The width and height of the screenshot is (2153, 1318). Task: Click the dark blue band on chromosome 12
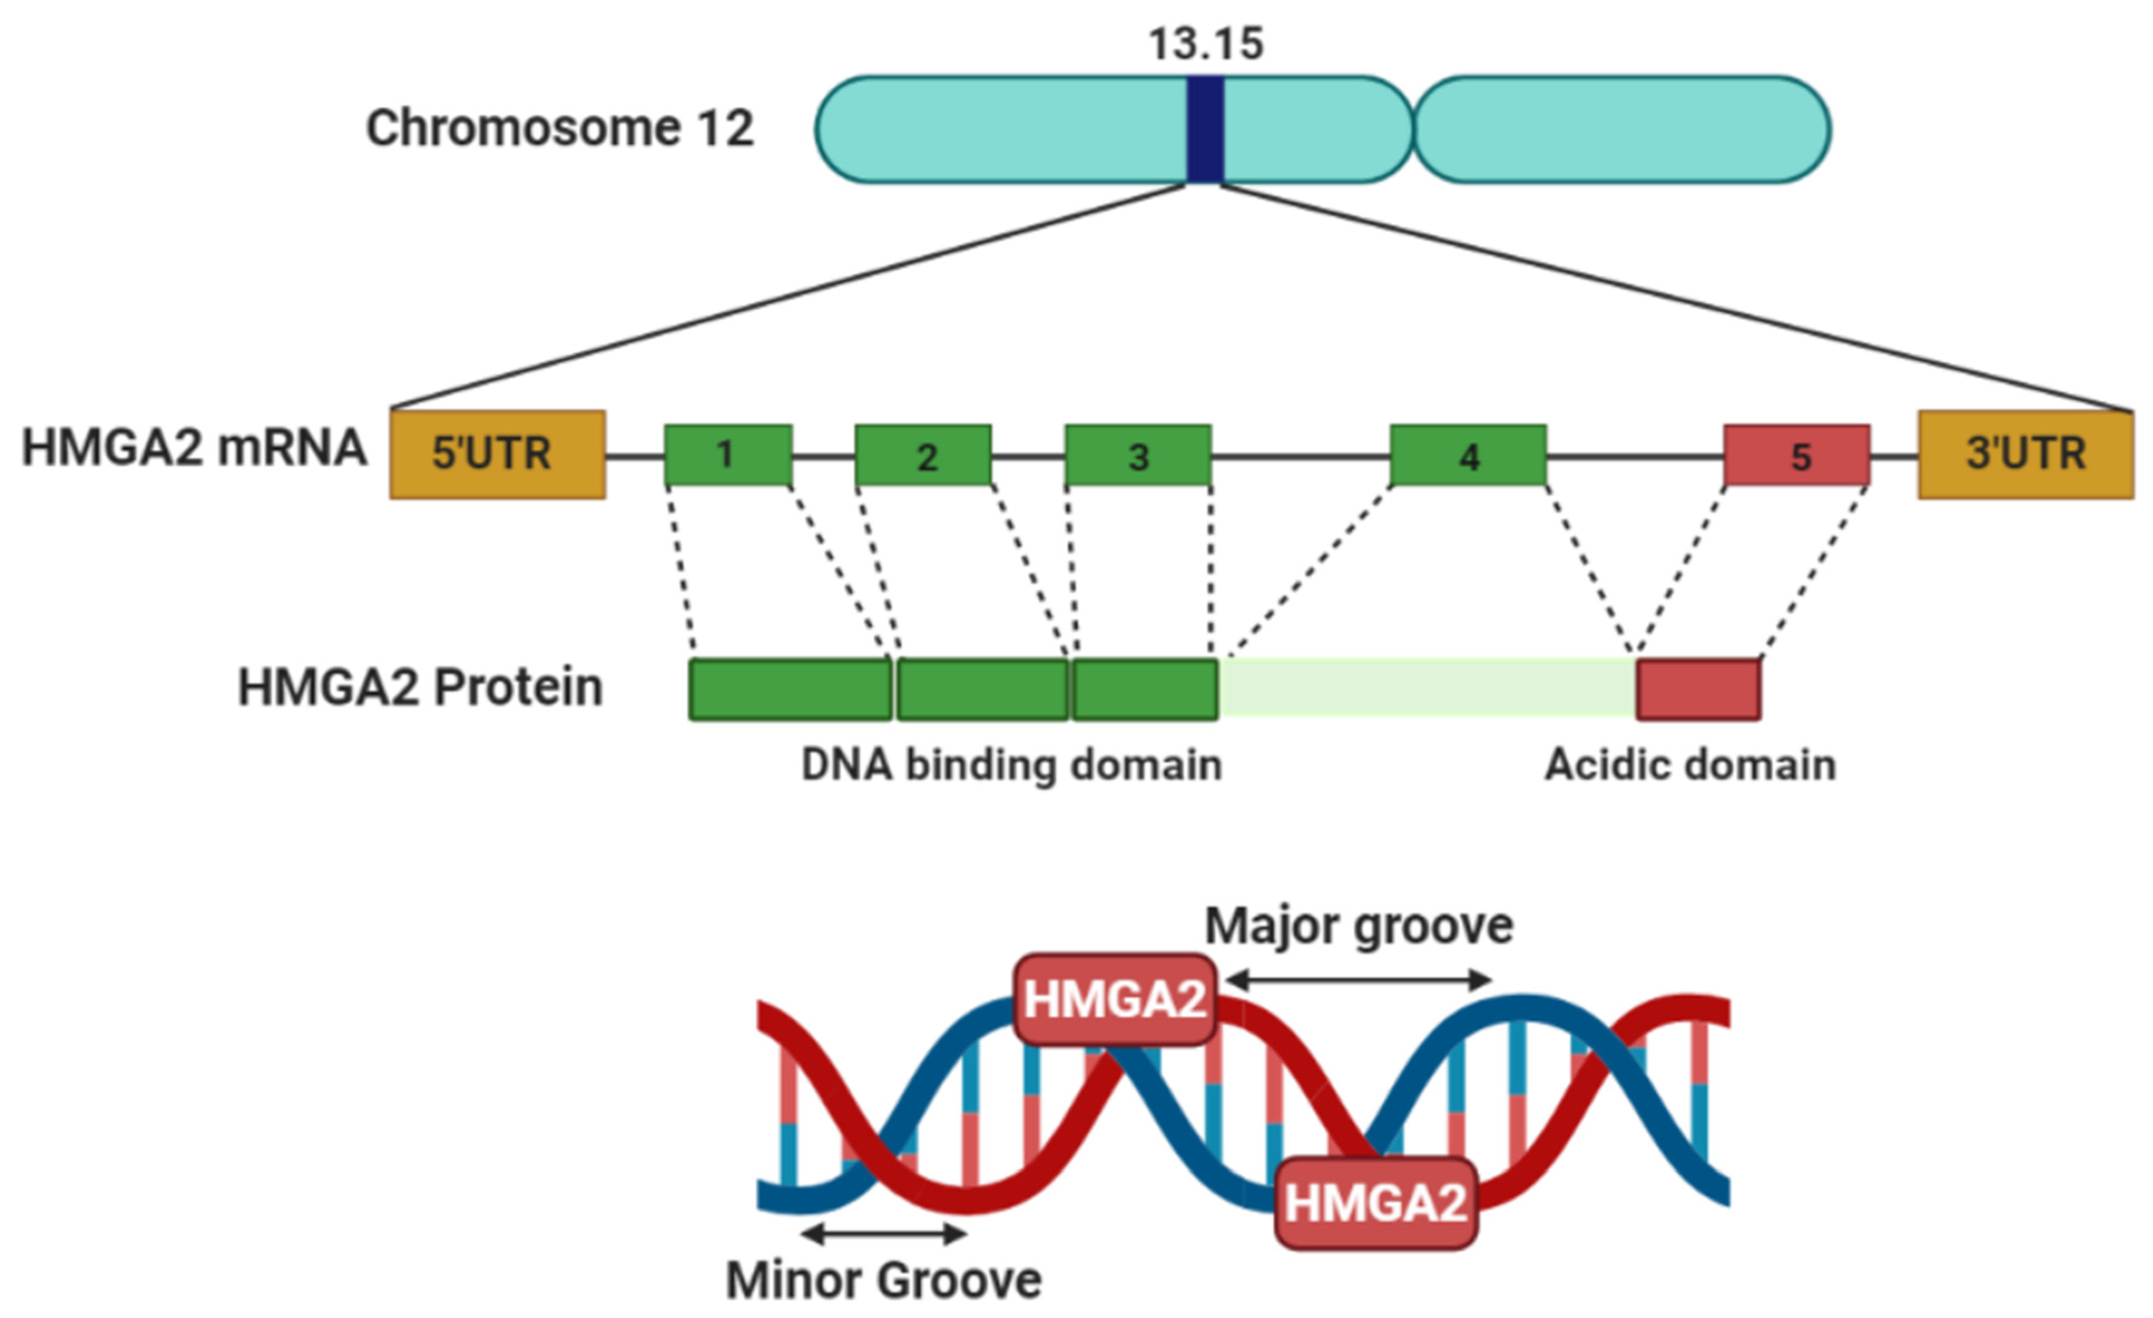1204,129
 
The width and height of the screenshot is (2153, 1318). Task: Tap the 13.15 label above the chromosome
1206,44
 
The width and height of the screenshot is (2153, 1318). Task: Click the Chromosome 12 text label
559,128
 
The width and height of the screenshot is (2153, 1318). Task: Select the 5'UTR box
497,455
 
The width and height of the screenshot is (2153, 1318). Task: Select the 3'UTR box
2025,455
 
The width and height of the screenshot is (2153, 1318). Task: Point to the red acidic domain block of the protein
1698,690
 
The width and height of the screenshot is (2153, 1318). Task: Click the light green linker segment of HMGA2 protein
1427,688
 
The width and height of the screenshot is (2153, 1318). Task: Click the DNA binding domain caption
1011,765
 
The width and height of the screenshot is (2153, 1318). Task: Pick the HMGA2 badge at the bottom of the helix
1375,1203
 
